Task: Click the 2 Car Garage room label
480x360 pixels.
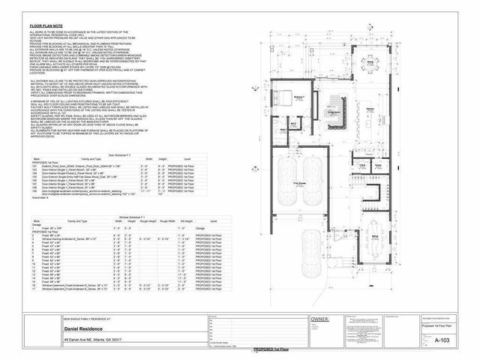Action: (x=298, y=182)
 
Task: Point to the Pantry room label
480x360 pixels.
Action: (x=379, y=163)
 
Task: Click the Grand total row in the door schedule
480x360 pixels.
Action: (x=40, y=197)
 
